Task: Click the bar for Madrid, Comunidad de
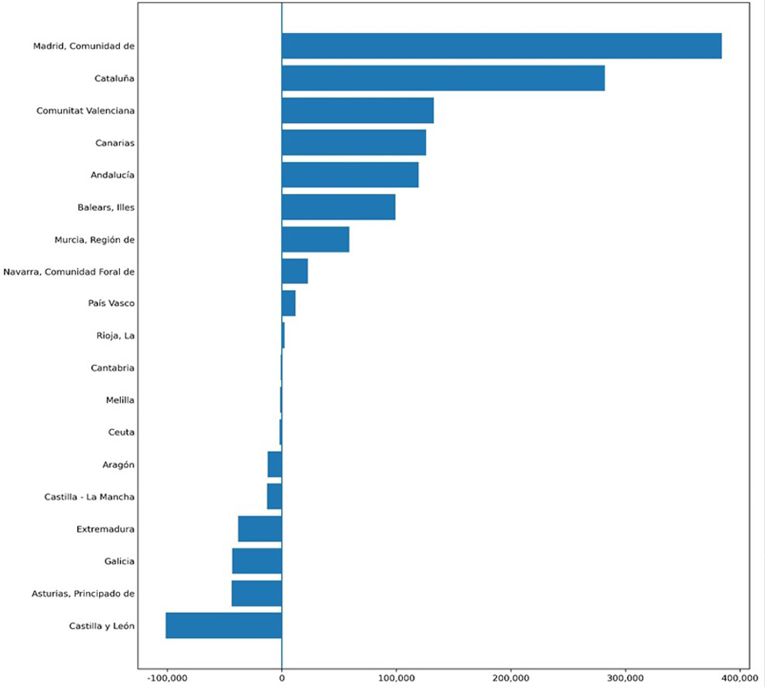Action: click(502, 46)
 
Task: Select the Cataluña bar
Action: click(443, 78)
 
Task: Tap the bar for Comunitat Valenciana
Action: click(358, 110)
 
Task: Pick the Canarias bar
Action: click(354, 143)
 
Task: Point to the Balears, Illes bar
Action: click(338, 207)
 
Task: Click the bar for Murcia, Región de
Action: click(316, 239)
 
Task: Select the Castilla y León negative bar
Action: click(224, 626)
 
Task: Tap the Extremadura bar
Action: click(260, 529)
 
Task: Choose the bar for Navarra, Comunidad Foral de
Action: click(295, 271)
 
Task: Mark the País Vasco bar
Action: click(288, 304)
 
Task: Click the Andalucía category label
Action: click(112, 175)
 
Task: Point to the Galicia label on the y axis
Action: click(119, 561)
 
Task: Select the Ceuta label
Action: click(121, 432)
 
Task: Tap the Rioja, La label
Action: click(115, 336)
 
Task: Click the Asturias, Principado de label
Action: click(83, 594)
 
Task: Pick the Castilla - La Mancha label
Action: click(89, 497)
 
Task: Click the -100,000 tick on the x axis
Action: click(167, 678)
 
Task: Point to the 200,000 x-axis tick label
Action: click(511, 678)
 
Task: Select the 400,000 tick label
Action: click(740, 678)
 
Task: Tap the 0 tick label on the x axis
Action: click(282, 678)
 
